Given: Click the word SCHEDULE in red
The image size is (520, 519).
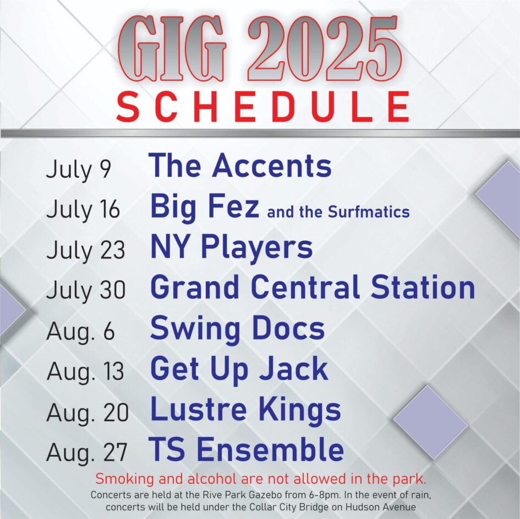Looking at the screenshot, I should point(263,106).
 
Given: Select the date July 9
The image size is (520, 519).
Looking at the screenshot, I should point(78,170).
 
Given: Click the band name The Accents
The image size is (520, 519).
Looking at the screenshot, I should point(240,166).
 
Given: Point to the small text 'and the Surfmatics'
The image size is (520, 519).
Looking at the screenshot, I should point(338,211).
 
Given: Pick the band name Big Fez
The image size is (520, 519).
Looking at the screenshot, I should point(204,207).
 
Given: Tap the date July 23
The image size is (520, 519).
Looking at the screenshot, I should point(85,250).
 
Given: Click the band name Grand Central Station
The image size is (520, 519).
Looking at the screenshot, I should point(312,288).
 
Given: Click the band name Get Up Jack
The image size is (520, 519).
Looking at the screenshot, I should point(239,369).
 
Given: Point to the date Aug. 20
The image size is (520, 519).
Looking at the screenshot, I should point(87,413).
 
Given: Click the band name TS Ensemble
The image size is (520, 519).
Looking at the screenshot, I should point(247,450).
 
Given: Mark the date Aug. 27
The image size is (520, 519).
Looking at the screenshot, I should point(87,453).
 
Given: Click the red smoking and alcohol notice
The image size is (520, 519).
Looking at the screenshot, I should point(261,477).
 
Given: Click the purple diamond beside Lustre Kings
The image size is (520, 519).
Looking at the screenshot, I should point(430,422).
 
